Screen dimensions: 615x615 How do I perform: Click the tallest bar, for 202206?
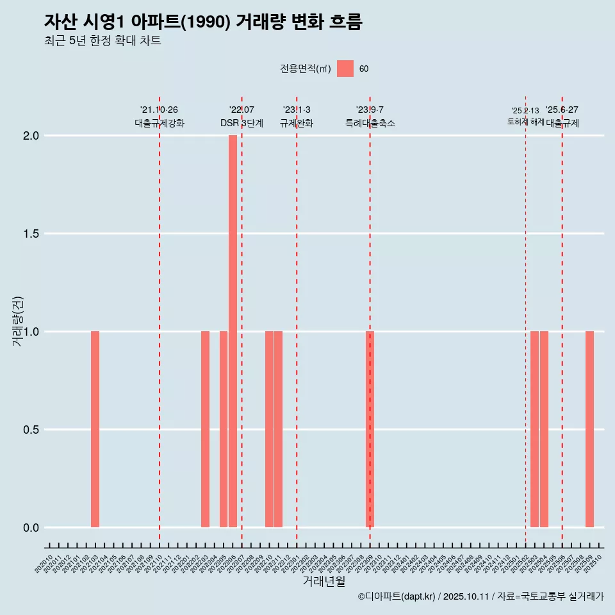[x=233, y=331]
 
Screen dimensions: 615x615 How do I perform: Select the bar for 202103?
[x=95, y=429]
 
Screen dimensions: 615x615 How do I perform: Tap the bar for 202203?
[x=205, y=429]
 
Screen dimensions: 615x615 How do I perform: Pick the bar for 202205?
[x=224, y=429]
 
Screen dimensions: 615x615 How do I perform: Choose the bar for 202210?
[x=269, y=429]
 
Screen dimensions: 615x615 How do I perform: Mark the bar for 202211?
[x=279, y=429]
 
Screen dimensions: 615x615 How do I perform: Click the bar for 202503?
[x=534, y=429]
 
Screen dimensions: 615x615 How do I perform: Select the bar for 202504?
[x=544, y=429]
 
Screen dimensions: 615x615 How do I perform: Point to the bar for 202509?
[x=589, y=429]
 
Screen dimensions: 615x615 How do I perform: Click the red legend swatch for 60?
[x=345, y=69]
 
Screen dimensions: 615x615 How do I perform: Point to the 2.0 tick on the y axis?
[x=31, y=136]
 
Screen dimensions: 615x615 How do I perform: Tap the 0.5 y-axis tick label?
[x=31, y=430]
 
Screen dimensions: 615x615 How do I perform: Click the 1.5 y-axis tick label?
[x=31, y=234]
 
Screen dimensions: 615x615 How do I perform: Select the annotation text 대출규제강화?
[x=160, y=124]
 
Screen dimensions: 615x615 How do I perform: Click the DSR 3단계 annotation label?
[x=242, y=124]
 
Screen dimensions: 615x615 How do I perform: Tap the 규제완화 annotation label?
[x=297, y=124]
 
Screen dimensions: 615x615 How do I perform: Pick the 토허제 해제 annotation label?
[x=525, y=122]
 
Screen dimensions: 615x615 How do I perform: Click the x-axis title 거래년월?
[x=324, y=582]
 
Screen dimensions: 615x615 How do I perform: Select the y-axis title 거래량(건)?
[x=17, y=321]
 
